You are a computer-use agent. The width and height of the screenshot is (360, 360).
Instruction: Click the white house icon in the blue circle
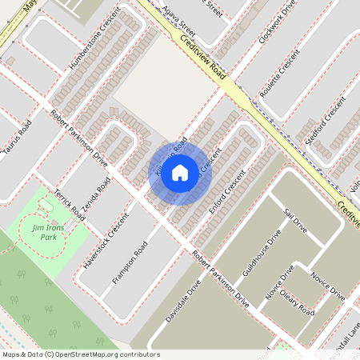[x=180, y=172]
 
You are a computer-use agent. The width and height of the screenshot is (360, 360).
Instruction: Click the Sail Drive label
[x=296, y=220]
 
